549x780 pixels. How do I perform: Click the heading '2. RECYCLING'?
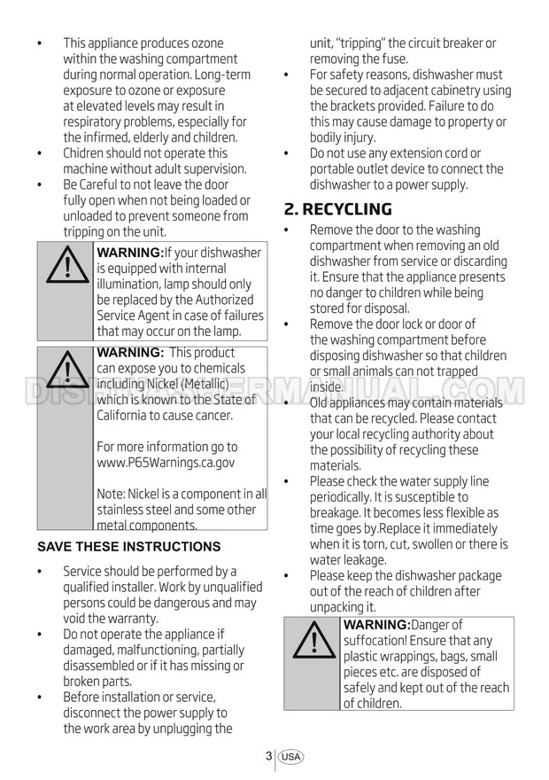point(338,209)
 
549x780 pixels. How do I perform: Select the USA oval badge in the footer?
point(290,757)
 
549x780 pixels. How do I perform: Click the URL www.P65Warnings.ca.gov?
point(166,463)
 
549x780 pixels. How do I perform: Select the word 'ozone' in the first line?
point(205,43)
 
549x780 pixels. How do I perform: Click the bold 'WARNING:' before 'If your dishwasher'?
point(130,253)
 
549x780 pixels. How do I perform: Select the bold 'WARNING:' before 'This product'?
point(130,353)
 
